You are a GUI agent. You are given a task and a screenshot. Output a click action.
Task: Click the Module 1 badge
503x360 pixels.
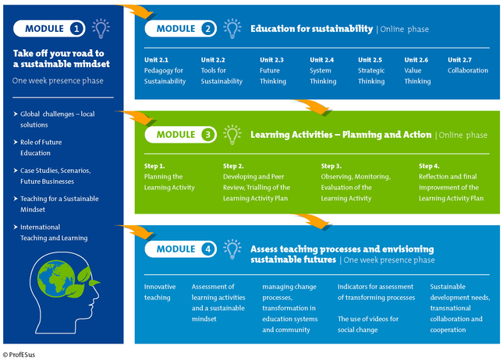[49, 29]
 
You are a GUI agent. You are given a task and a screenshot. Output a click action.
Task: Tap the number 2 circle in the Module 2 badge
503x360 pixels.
[208, 29]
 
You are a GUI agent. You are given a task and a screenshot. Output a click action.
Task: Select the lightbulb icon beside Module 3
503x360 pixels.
[232, 135]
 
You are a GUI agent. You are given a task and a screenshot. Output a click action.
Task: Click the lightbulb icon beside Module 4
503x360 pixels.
[232, 249]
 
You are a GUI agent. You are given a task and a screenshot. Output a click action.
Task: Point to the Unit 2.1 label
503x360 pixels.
[156, 60]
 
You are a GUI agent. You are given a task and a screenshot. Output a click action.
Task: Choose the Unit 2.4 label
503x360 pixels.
[322, 60]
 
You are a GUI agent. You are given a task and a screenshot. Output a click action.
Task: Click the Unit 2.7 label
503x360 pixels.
[459, 60]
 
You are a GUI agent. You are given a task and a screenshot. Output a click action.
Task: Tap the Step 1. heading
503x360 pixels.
[154, 166]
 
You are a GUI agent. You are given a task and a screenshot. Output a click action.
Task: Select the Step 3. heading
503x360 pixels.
[331, 166]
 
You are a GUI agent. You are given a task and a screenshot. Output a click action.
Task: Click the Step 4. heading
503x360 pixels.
[429, 166]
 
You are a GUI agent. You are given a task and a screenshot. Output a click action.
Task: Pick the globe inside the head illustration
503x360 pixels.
[56, 278]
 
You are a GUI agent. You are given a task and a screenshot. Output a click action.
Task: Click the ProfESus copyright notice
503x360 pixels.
[19, 355]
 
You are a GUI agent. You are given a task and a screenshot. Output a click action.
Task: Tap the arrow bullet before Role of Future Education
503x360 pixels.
[16, 142]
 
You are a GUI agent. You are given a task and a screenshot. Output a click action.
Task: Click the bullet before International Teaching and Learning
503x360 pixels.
[16, 227]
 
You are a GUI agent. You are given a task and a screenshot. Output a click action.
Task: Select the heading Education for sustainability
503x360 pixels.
[312, 29]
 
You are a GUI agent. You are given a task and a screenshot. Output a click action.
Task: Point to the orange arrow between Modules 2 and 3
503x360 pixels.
[313, 107]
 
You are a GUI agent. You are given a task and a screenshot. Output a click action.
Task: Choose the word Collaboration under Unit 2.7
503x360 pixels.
[468, 71]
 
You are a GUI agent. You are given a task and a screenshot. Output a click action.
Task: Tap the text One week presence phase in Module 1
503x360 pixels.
[58, 81]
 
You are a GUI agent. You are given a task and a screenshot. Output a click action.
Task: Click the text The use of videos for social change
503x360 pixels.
[368, 324]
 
